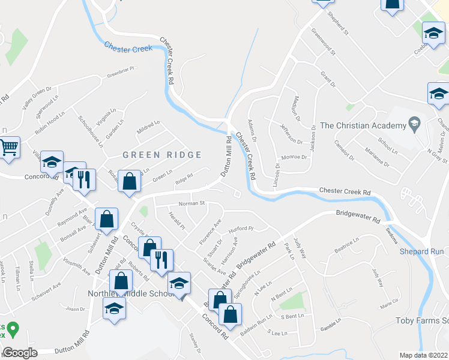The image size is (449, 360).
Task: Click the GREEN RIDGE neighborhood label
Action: point(162,155)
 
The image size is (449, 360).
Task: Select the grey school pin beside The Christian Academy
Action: point(414,125)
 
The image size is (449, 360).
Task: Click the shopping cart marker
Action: point(8,148)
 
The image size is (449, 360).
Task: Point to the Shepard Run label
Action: point(422,251)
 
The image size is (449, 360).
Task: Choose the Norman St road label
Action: point(192,203)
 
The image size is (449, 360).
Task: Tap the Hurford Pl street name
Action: point(242,229)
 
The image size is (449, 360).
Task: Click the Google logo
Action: point(20,353)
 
